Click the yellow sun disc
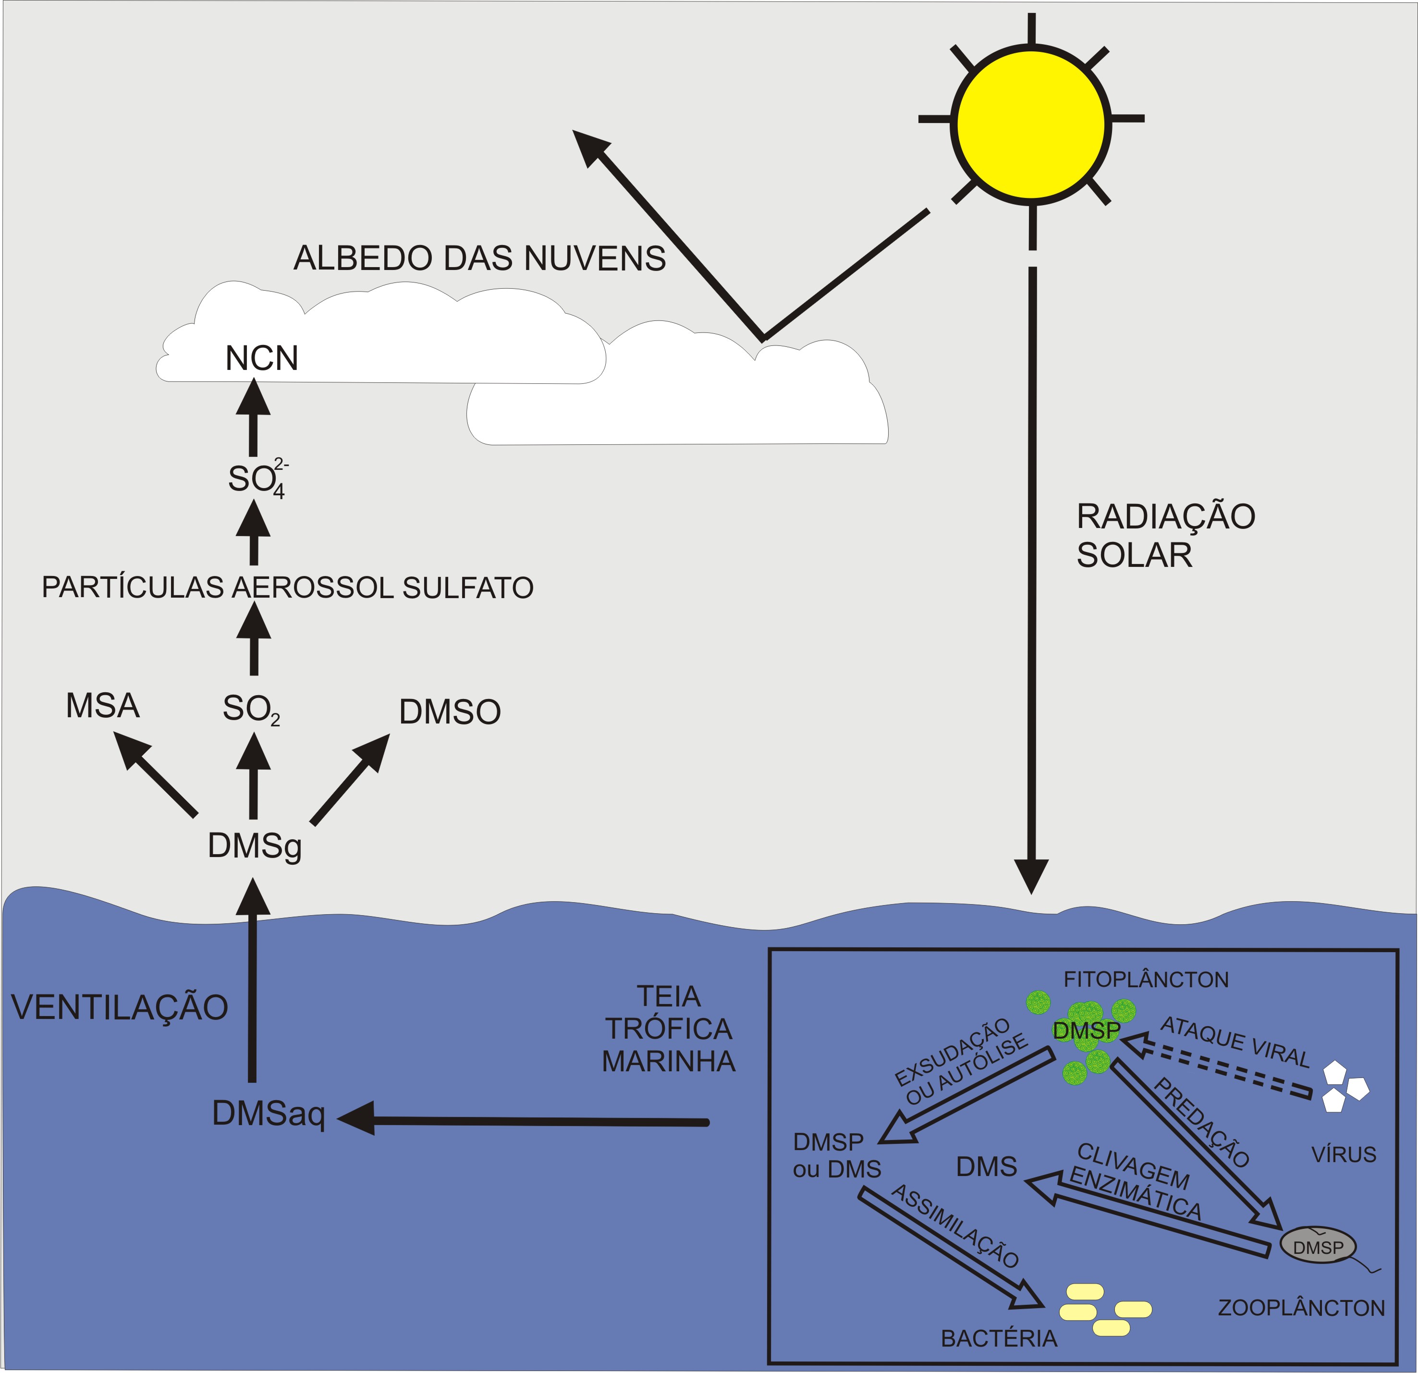click(1031, 124)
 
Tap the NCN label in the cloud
click(262, 358)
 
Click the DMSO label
click(449, 712)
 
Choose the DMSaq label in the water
click(269, 1114)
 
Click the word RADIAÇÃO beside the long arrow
click(1165, 516)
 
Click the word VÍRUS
click(1344, 1154)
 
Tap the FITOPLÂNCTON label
click(1145, 980)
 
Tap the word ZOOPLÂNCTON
click(1301, 1308)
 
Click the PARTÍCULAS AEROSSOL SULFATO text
click(287, 588)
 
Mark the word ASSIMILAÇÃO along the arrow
click(955, 1226)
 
